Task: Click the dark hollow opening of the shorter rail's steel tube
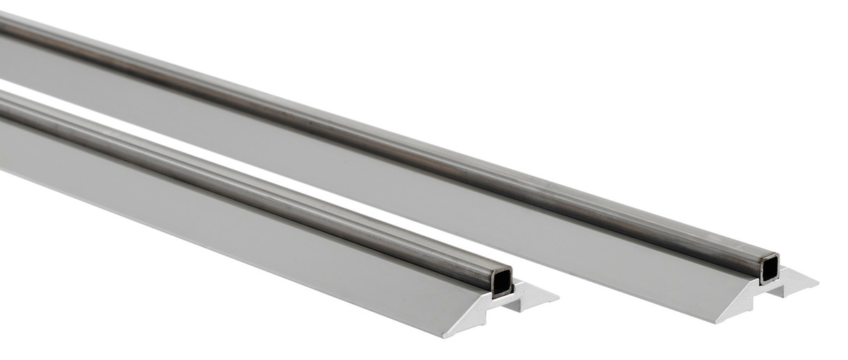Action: pyautogui.click(x=501, y=282)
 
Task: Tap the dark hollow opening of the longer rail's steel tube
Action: pyautogui.click(x=769, y=268)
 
